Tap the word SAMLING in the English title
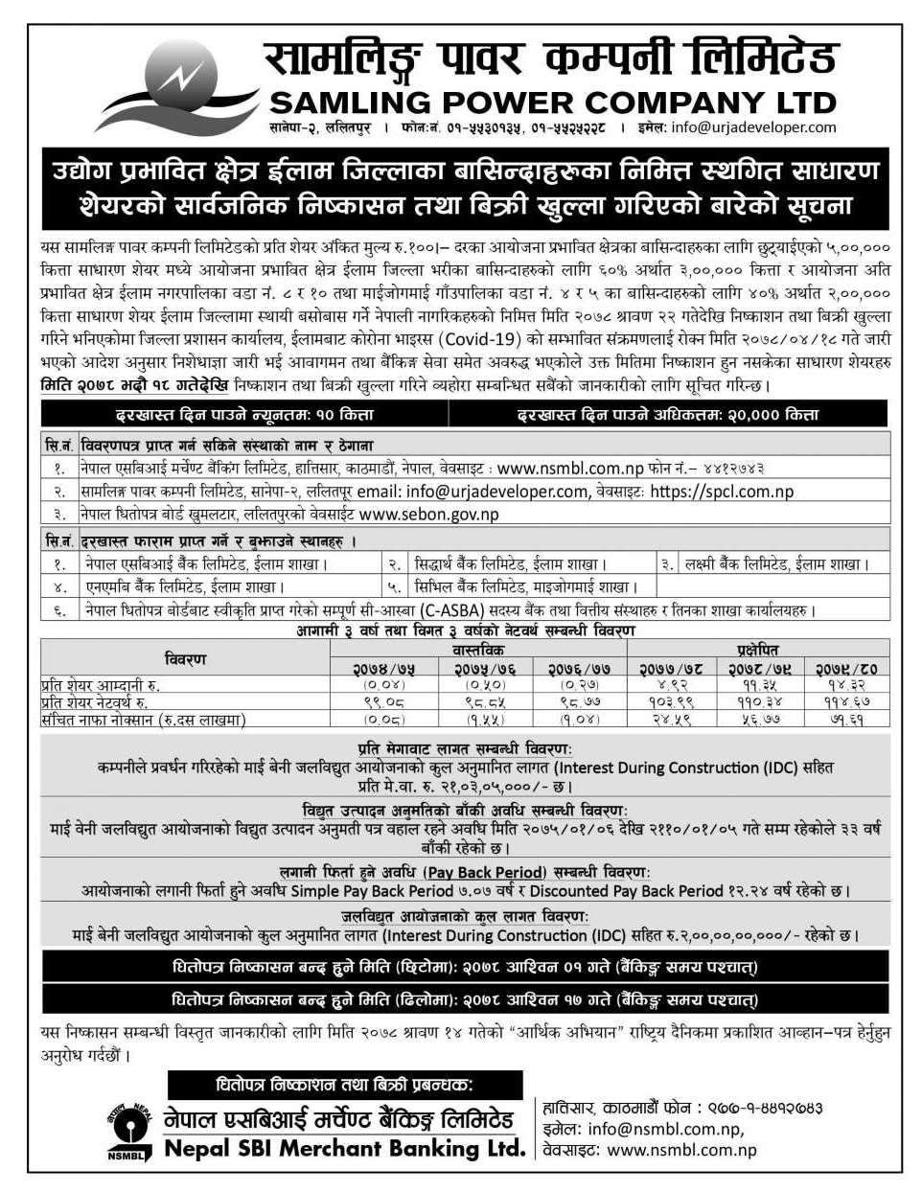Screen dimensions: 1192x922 click(x=352, y=102)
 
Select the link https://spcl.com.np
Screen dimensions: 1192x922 click(x=722, y=492)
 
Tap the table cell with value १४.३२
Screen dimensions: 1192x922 click(x=846, y=685)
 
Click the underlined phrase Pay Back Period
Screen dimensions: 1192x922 click(x=485, y=872)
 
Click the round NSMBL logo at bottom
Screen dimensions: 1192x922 click(x=127, y=1131)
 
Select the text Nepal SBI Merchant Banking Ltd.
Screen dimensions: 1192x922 click(x=344, y=1147)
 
